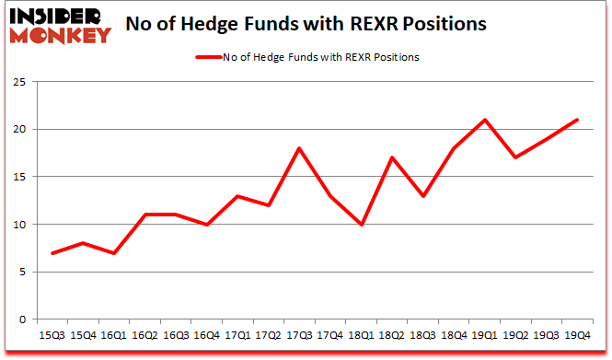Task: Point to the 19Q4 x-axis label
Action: click(x=578, y=336)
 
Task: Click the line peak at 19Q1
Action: click(x=485, y=120)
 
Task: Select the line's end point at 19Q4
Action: click(x=577, y=120)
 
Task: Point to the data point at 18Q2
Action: click(x=393, y=157)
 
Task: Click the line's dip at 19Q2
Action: click(x=515, y=157)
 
